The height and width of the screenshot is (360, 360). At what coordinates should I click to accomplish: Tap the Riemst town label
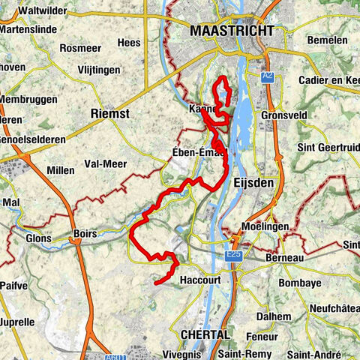[109, 113]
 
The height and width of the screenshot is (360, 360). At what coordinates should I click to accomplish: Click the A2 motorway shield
[268, 76]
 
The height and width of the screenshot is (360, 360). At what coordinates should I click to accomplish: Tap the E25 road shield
[234, 255]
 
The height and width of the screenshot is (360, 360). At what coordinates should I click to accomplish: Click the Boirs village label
[85, 233]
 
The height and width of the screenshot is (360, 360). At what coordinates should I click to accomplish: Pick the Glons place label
[37, 238]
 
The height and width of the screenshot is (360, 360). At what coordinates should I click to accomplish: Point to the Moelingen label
[266, 226]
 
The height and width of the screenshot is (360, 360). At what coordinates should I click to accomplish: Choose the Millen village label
[61, 170]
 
